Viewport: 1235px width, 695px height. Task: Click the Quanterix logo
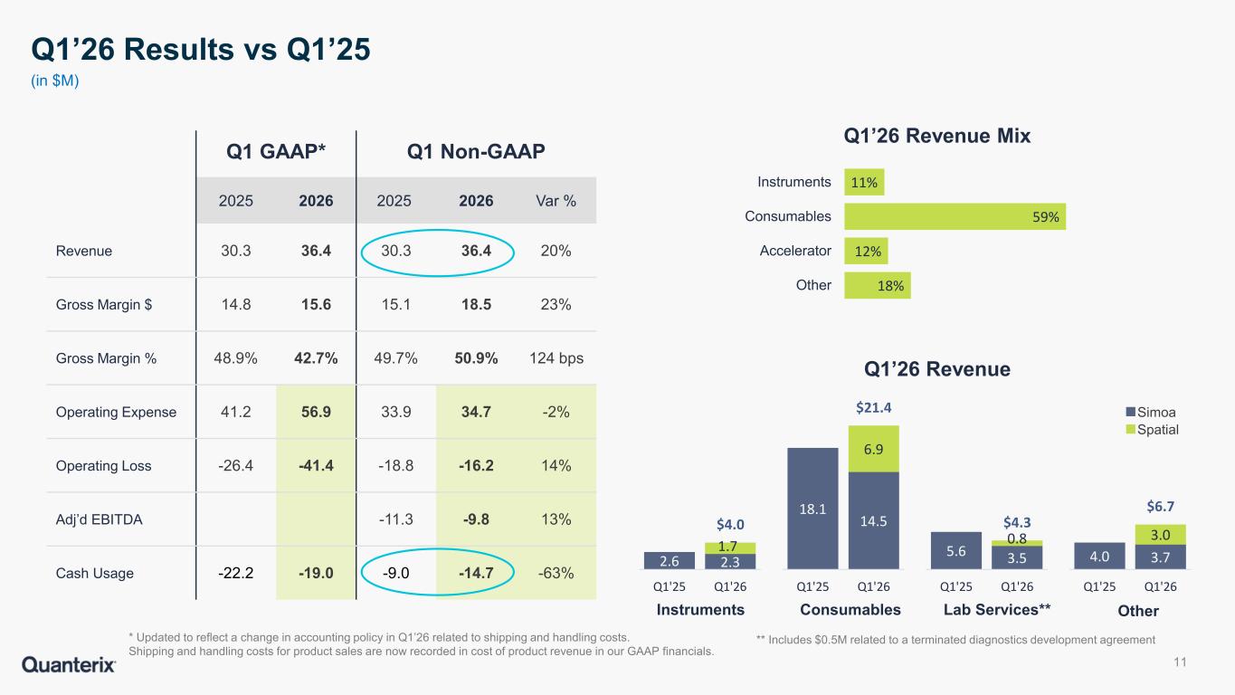(69, 664)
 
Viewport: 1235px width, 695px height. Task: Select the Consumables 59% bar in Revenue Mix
(955, 216)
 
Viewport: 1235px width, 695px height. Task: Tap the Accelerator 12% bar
(866, 251)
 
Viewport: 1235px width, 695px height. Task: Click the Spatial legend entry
(1152, 430)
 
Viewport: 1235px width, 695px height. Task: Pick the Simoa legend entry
(1151, 412)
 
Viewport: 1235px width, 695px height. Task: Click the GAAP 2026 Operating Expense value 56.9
(316, 412)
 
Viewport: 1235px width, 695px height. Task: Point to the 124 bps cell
(556, 358)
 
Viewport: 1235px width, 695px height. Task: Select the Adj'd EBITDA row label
(100, 519)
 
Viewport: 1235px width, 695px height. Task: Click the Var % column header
(556, 201)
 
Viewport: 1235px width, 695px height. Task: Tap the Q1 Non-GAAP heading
(476, 151)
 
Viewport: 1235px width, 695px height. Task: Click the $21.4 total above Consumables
(873, 407)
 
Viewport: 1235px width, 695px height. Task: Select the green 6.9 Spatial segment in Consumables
(873, 449)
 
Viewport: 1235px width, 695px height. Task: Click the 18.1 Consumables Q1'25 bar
(812, 509)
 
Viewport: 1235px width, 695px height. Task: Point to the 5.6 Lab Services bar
(956, 550)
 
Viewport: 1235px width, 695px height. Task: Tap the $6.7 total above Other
(1161, 507)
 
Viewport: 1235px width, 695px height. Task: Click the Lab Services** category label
(997, 610)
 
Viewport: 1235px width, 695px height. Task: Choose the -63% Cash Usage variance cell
(556, 573)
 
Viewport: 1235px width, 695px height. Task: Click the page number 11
(1180, 662)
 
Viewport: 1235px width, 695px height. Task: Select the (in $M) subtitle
(55, 81)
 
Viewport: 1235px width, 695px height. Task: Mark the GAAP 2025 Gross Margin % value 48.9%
(235, 358)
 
